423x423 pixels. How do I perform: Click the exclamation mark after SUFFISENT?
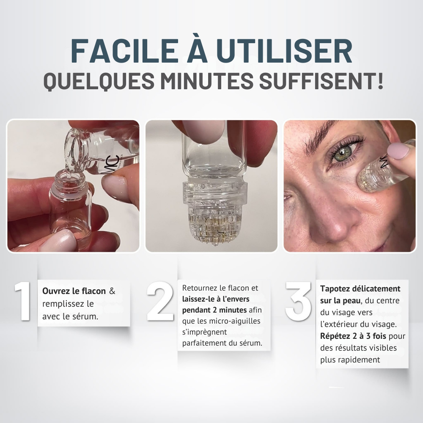[380, 80]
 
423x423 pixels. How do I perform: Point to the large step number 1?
[23, 301]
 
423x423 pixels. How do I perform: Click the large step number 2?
[160, 301]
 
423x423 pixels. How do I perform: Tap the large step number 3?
[298, 301]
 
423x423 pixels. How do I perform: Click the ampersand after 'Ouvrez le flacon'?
[112, 291]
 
